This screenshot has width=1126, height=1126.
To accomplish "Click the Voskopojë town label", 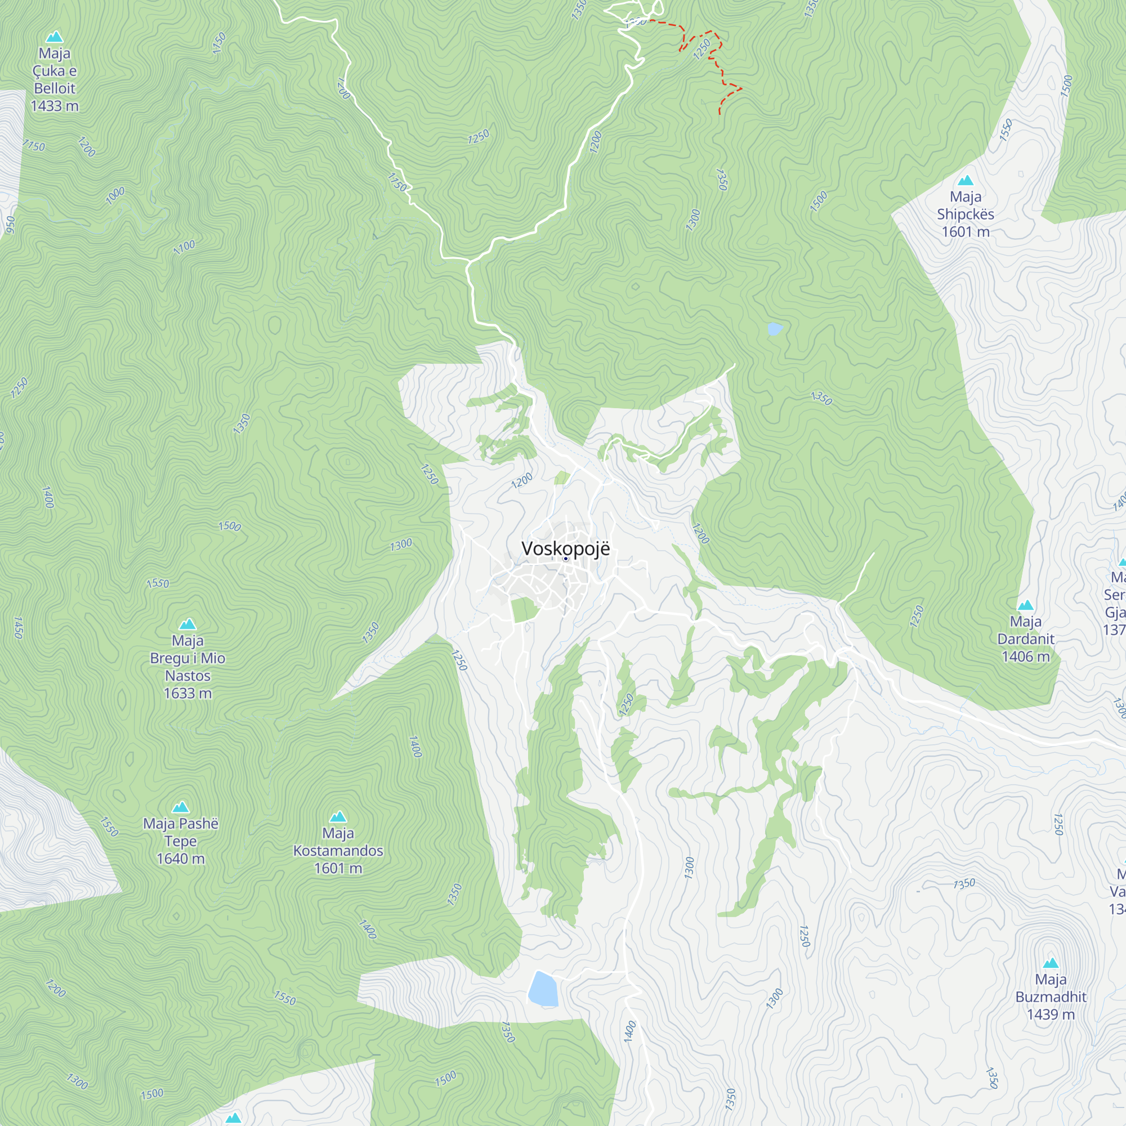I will (565, 548).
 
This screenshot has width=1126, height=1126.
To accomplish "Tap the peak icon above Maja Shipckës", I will (965, 180).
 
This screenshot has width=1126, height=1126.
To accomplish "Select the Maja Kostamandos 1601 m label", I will (338, 850).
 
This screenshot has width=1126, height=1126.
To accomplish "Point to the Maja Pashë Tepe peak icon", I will (181, 807).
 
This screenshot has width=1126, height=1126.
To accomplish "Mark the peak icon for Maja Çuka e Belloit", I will (54, 37).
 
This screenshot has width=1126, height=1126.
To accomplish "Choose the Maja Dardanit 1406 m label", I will (1025, 639).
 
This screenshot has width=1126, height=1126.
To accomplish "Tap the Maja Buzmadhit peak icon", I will (1050, 963).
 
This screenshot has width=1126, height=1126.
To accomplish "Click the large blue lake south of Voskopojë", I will (543, 989).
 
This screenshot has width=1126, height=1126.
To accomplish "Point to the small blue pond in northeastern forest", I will (775, 329).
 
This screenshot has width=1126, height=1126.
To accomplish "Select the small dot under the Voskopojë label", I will (565, 558).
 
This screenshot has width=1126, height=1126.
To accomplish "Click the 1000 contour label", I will (115, 195).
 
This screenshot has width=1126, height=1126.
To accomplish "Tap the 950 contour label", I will (10, 225).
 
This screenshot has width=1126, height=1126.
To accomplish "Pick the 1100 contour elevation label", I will (184, 247).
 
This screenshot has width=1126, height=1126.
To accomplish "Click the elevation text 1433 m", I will (54, 106).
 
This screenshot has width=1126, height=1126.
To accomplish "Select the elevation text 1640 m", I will (181, 859).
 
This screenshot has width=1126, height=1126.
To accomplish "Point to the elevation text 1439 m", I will (1050, 1014).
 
